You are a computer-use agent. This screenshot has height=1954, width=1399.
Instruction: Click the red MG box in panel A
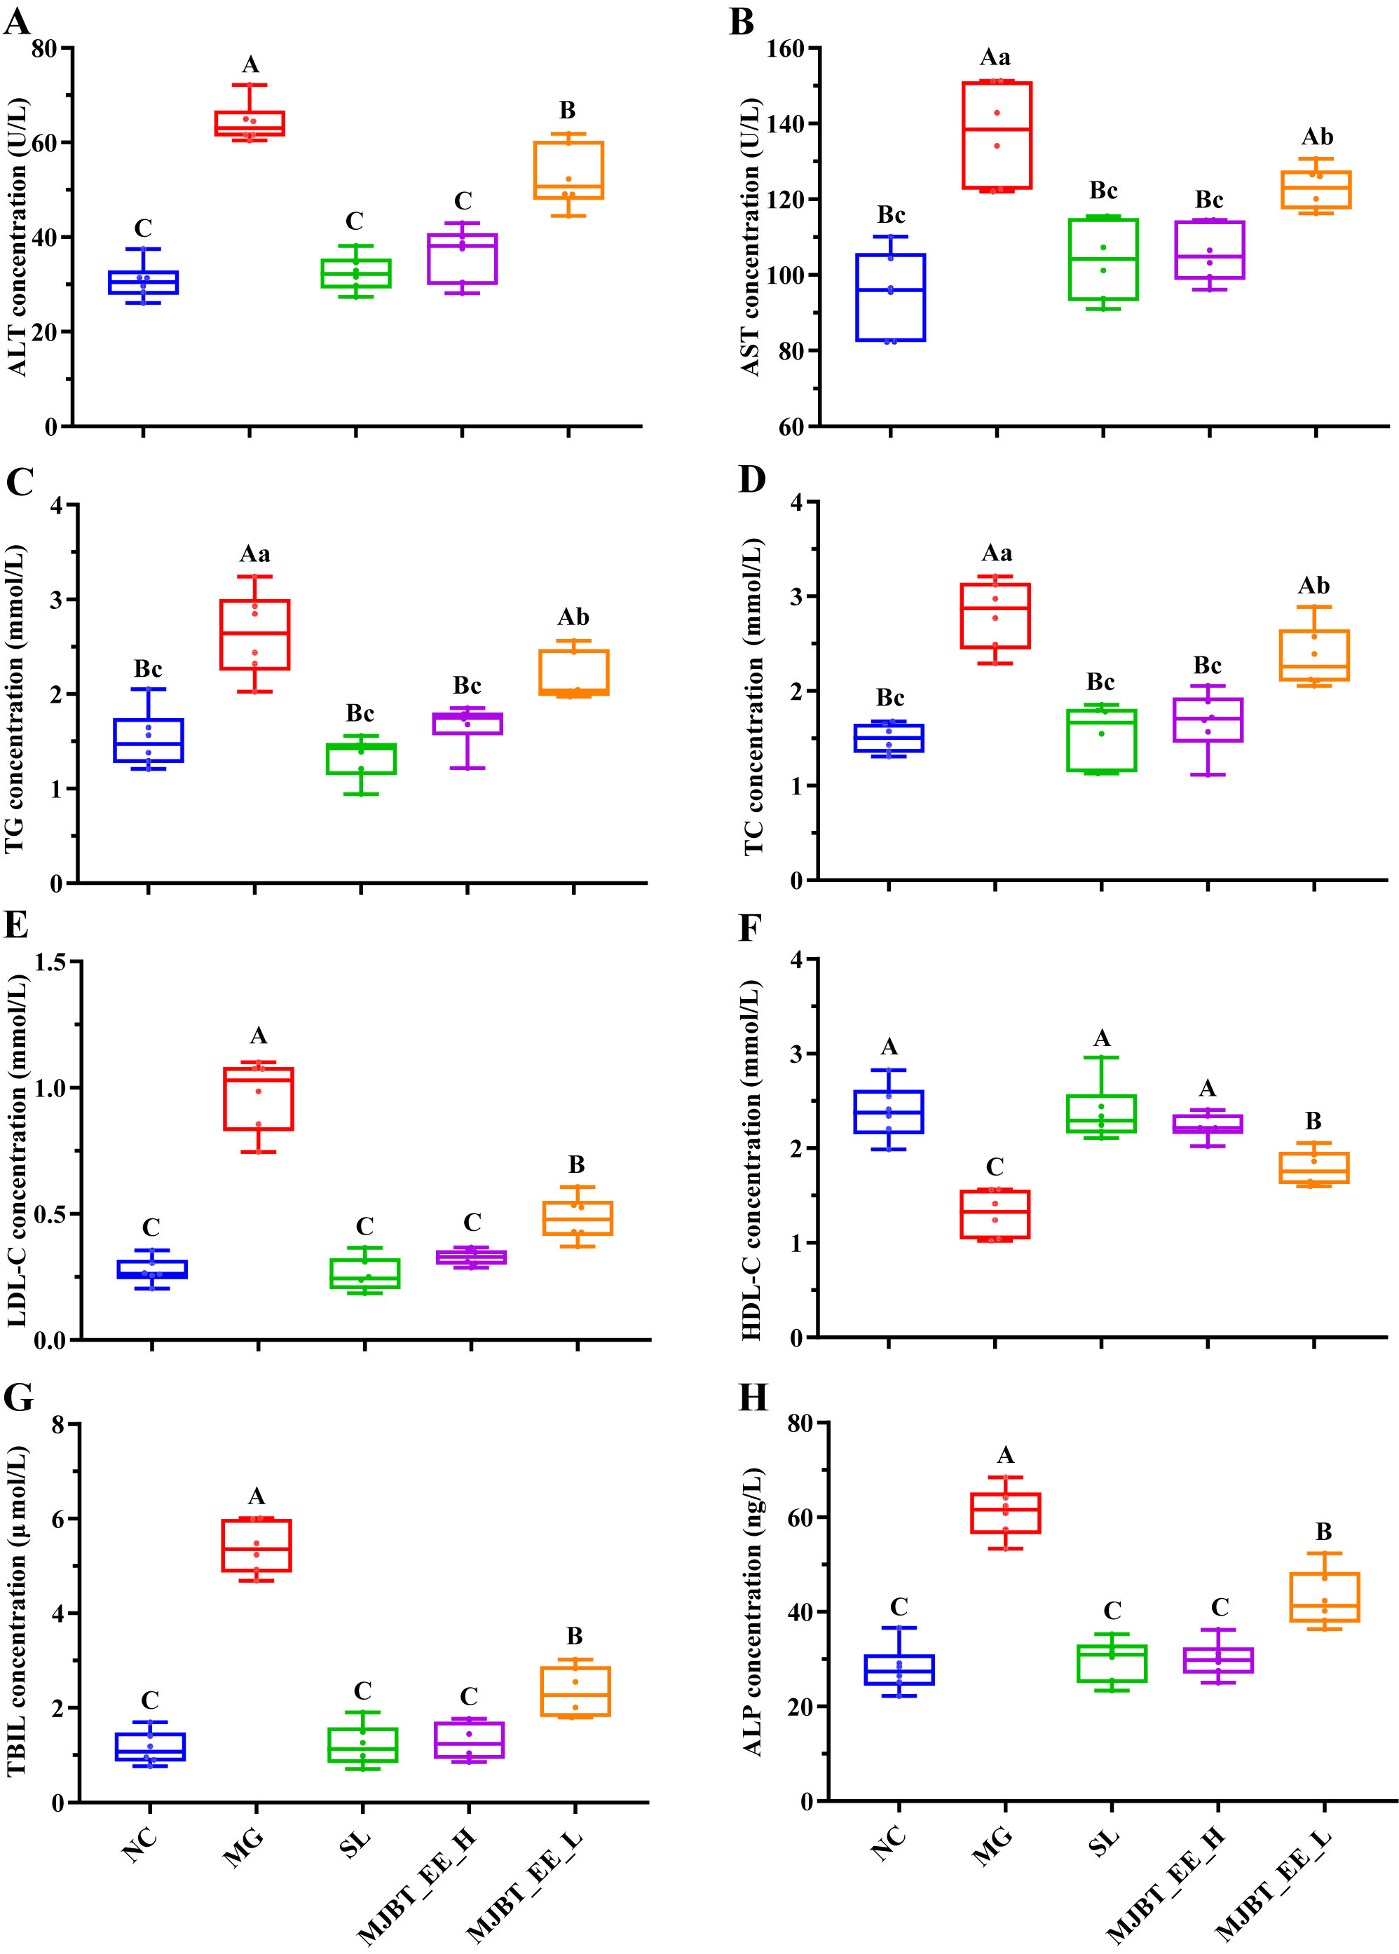tap(250, 123)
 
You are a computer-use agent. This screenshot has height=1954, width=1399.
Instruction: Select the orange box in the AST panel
tap(1316, 189)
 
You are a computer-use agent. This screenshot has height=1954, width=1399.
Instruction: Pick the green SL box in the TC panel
tap(1101, 740)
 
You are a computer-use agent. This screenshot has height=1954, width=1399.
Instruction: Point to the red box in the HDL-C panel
tap(995, 1213)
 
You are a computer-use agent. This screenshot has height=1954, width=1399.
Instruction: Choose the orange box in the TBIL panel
tap(575, 1691)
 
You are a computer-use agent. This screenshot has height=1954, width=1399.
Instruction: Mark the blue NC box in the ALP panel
tap(899, 1669)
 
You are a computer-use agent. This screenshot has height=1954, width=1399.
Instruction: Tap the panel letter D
tap(752, 480)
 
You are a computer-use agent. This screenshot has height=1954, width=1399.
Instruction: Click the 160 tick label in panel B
tap(785, 49)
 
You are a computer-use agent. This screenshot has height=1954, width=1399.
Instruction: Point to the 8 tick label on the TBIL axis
tap(57, 1424)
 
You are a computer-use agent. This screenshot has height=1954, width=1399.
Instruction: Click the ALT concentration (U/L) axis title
tap(18, 237)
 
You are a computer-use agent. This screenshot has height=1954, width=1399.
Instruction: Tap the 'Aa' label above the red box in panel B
tap(995, 57)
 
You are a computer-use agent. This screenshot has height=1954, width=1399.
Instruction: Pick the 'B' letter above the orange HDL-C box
tap(1313, 1120)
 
